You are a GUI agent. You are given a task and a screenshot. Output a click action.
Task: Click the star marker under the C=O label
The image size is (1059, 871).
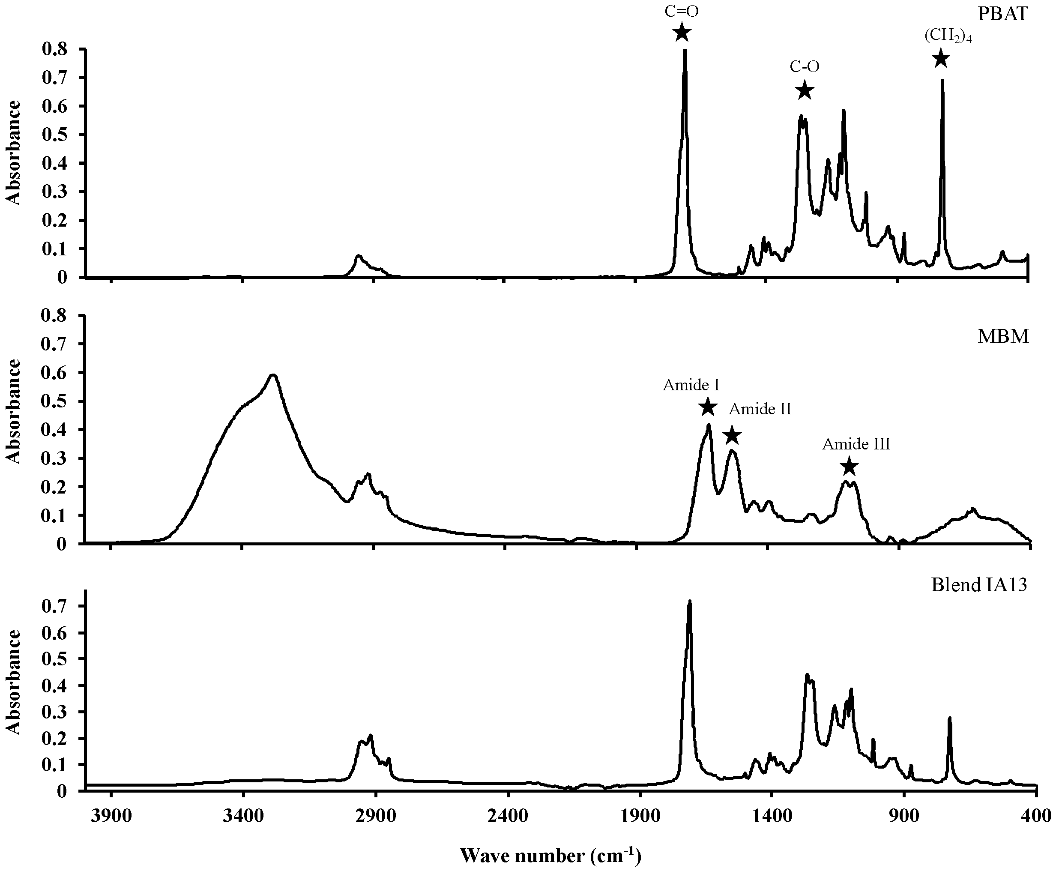coord(681,33)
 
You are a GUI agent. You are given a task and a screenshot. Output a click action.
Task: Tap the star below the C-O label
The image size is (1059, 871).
coord(805,91)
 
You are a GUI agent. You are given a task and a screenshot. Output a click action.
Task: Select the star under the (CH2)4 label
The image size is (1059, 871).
coord(941,59)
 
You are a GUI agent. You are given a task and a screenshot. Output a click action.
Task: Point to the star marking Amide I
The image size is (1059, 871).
coord(707,407)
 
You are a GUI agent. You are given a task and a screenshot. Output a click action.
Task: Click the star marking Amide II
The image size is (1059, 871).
coord(732,435)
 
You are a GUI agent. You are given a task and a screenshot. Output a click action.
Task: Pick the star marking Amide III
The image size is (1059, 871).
coord(849,467)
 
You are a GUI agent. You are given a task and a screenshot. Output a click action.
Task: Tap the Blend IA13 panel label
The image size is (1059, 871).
coord(979,585)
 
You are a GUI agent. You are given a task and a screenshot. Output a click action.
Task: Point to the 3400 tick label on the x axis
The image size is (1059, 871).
coord(243,816)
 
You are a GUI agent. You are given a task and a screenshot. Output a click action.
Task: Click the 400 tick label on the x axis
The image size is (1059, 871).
coord(1036,816)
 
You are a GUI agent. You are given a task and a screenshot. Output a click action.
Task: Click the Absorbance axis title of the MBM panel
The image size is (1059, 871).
coord(14,411)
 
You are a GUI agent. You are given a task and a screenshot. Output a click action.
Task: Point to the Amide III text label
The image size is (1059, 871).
coord(856,444)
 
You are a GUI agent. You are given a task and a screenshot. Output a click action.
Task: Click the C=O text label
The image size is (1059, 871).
coord(681,11)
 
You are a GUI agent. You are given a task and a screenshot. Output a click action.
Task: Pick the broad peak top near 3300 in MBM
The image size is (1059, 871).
coord(273,375)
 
